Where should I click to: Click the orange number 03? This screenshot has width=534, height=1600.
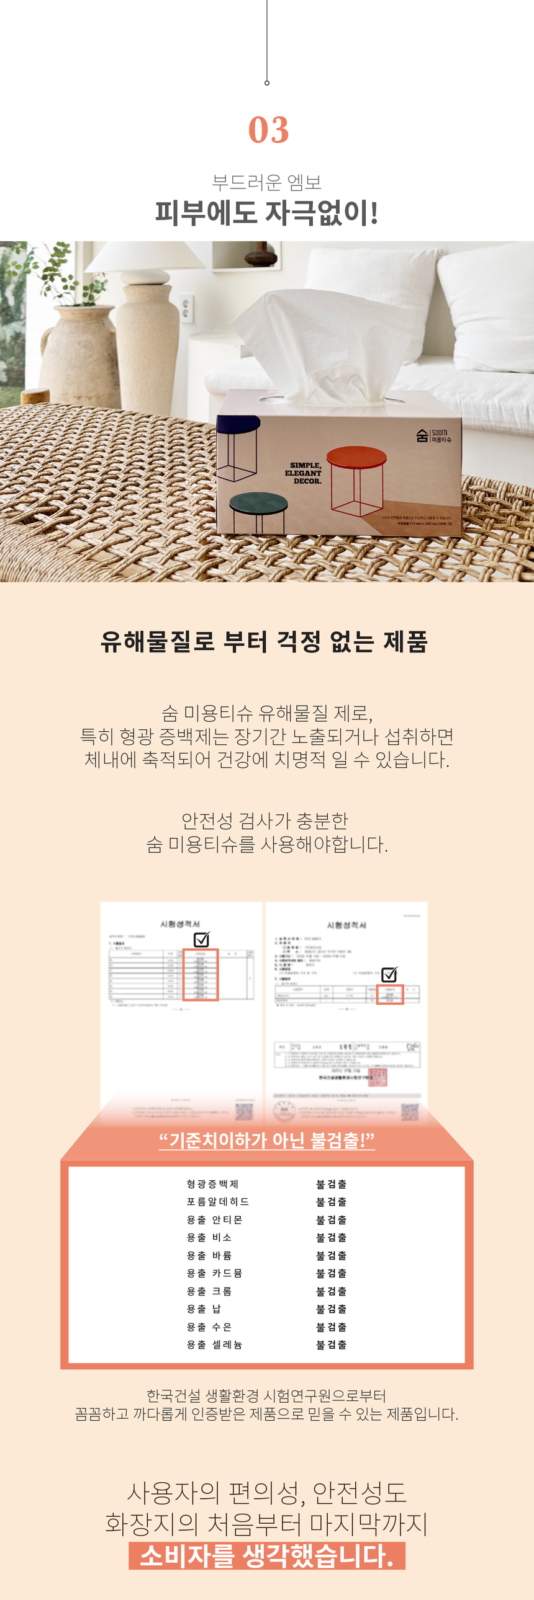coord(269,130)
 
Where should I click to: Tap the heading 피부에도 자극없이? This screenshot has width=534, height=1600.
coord(266,213)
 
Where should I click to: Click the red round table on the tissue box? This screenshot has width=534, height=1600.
coord(356,458)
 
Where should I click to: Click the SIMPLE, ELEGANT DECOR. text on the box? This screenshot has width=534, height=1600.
coord(304,473)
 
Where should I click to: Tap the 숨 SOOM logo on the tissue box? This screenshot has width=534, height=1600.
coord(433,435)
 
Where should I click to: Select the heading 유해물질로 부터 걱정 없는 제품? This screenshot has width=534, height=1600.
coord(264,642)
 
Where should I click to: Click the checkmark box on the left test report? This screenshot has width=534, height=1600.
coord(201,939)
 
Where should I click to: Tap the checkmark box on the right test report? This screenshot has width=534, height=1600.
coord(389,974)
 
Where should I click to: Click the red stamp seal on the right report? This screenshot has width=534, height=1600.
coord(378,1077)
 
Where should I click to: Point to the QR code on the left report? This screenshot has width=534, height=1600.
coord(243,1111)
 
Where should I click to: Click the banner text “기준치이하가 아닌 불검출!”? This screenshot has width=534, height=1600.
coord(266,1140)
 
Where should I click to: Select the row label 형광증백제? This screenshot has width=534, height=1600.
coord(212,1184)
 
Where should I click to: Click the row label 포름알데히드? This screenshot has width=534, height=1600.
coord(217,1202)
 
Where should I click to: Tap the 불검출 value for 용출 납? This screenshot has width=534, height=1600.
coord(332,1309)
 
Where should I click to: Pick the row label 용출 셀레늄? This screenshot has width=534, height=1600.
coord(214,1344)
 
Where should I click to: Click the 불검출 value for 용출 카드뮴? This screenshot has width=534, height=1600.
coord(332,1273)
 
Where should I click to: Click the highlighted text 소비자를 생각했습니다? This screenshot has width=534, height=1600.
coord(266,1556)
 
